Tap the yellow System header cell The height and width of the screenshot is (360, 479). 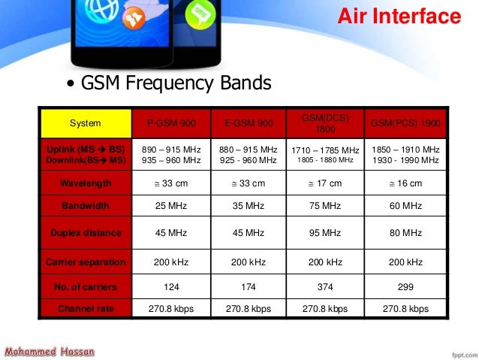coord(86,123)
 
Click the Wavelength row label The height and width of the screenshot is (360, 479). coord(86,183)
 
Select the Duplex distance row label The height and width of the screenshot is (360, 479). coord(86,233)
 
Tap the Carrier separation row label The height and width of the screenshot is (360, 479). coord(86,262)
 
